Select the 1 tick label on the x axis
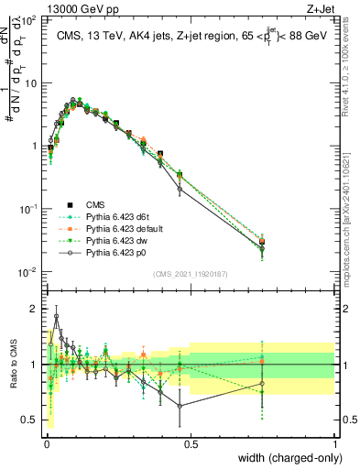(x=335, y=444)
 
